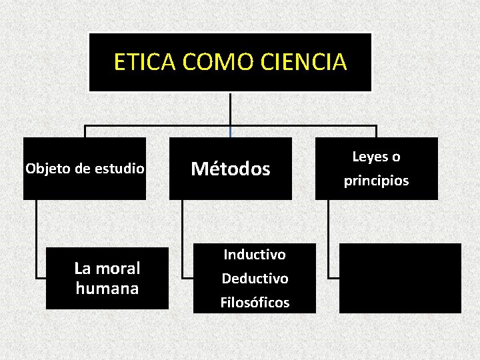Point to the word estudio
tap(119, 169)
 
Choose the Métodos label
tap(231, 169)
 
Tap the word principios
tap(377, 181)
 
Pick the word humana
tap(107, 289)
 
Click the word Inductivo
tap(255, 255)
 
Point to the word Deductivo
tap(255, 279)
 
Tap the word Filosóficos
tap(255, 303)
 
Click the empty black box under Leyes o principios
tap(400, 278)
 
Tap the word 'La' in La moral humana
tap(82, 269)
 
